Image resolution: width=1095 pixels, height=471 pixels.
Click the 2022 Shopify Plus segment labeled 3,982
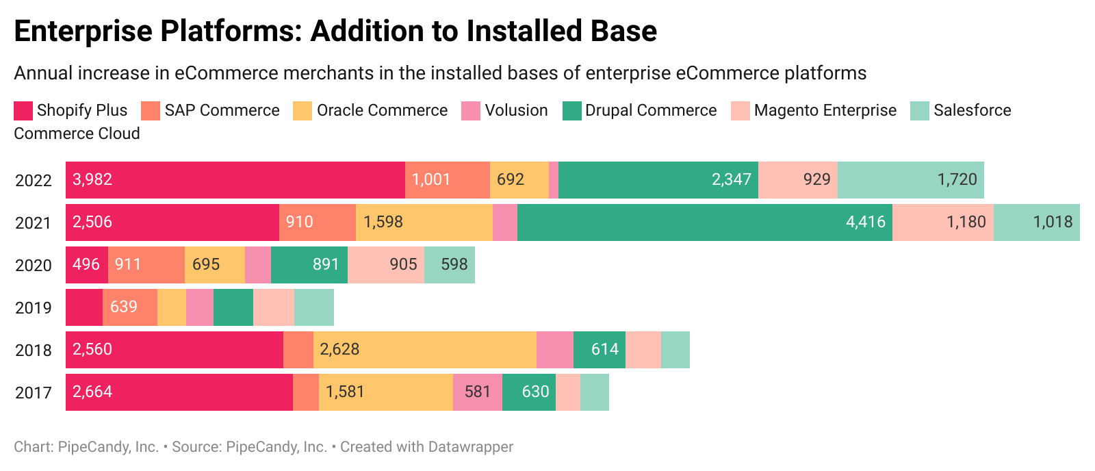click(x=235, y=180)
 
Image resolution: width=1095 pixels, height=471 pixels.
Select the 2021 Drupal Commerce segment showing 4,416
click(x=704, y=222)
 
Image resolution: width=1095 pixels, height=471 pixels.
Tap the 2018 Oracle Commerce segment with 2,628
click(x=424, y=350)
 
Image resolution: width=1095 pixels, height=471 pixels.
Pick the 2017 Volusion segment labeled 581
click(x=477, y=392)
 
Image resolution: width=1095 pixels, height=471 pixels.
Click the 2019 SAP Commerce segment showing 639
click(x=130, y=307)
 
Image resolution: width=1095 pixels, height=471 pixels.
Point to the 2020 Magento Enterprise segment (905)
click(x=386, y=265)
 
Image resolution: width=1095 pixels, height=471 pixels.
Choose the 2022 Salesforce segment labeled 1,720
click(x=910, y=180)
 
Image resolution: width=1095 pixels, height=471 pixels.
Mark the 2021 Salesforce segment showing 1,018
click(x=1036, y=222)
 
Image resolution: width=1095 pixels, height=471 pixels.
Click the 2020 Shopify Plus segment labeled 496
click(x=87, y=265)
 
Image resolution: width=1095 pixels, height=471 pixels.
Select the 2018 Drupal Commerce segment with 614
click(x=599, y=350)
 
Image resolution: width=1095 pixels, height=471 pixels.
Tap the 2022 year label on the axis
click(x=34, y=181)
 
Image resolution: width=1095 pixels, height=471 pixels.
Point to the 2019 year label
click(x=34, y=308)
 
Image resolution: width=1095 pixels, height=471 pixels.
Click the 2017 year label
click(x=34, y=393)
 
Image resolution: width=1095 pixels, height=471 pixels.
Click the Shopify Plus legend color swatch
click(x=23, y=111)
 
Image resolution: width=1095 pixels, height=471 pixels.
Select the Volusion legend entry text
click(x=516, y=110)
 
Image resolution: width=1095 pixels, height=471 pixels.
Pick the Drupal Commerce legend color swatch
click(x=571, y=111)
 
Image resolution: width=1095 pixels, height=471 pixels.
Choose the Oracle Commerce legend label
click(x=382, y=110)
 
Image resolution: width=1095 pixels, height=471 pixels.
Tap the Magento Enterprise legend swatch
click(x=740, y=111)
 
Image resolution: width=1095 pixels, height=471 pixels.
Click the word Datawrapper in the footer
click(x=470, y=447)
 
